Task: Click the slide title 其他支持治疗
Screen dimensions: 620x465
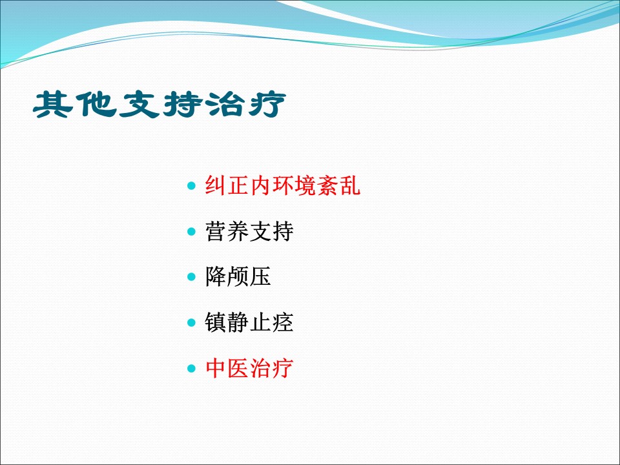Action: click(160, 105)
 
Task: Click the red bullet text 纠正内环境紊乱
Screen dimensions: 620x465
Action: click(282, 185)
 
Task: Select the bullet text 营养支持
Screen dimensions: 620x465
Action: click(249, 231)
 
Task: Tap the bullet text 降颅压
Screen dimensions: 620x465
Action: click(238, 276)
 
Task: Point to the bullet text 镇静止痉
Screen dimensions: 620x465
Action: click(249, 322)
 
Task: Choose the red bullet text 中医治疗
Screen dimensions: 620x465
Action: click(249, 368)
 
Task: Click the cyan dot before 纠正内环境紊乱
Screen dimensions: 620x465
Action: click(191, 185)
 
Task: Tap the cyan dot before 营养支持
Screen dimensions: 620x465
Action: click(191, 231)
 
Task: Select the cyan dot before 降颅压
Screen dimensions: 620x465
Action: click(191, 277)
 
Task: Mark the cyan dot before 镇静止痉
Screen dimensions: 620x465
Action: click(191, 323)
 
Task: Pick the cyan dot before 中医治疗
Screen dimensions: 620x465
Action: click(191, 369)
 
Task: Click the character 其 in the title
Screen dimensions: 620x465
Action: click(54, 105)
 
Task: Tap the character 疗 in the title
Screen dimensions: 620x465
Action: click(267, 105)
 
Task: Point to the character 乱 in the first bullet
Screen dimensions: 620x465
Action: click(349, 185)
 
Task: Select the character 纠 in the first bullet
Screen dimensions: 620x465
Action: click(216, 185)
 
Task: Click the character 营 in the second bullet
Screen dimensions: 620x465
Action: click(216, 231)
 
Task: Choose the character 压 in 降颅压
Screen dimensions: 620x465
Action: click(260, 276)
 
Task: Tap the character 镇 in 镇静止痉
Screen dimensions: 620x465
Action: click(216, 322)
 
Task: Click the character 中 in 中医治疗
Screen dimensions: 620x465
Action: click(216, 368)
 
